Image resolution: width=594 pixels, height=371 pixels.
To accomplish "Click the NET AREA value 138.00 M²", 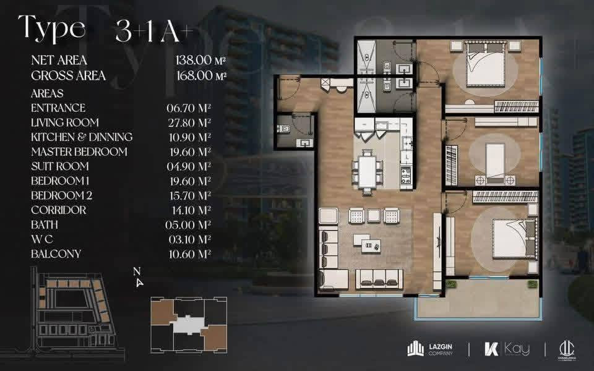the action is pos(200,60).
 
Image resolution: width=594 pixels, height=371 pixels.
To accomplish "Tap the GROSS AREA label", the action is pos(68,75).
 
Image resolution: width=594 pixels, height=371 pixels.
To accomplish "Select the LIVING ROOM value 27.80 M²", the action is pos(189,122).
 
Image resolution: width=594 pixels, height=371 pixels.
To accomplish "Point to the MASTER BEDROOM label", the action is pos(79,152).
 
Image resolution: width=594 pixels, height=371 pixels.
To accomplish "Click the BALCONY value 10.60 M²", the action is pos(189,254).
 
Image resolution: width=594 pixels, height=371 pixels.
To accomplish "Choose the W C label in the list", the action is pos(42,239).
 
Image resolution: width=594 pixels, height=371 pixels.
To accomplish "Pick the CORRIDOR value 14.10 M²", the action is pos(190,210).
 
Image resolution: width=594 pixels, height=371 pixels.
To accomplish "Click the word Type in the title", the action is pos(51,28).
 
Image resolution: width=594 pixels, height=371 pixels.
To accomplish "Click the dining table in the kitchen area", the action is pos(368,171).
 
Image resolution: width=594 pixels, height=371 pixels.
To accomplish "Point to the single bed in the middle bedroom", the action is pos(495,160).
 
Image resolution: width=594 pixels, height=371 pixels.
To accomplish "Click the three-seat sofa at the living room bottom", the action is pos(379,279).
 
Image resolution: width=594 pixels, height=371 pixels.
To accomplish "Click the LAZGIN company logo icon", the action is pos(416,349).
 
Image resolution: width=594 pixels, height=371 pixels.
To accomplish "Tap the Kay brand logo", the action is pos(507,349).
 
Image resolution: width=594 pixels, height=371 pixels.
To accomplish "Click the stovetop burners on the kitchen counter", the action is pos(406,176).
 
